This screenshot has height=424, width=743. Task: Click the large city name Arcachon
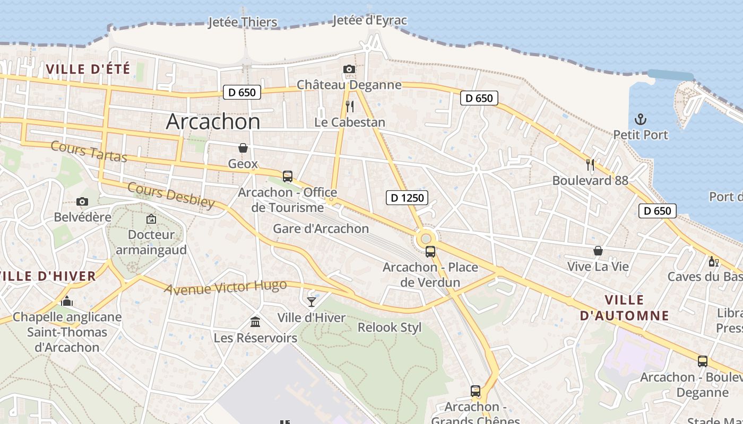213,121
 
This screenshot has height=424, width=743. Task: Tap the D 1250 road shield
407,198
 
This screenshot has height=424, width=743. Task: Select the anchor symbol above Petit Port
641,119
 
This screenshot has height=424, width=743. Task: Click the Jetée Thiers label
243,22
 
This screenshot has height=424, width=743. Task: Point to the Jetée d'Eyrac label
370,20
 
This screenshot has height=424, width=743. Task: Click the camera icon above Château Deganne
349,69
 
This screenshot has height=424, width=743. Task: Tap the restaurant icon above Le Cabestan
350,107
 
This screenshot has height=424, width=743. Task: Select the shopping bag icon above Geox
243,147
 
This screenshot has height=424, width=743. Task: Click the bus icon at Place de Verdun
430,251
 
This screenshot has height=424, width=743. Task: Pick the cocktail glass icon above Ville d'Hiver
312,302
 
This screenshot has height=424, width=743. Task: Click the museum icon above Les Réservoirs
255,322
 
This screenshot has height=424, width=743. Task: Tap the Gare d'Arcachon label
321,228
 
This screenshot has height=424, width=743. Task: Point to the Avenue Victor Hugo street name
225,287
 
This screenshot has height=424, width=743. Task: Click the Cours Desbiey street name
171,195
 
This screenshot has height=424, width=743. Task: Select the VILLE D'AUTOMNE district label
624,307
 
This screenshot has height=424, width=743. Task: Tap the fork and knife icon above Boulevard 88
590,164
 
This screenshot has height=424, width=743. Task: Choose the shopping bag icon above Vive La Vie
598,250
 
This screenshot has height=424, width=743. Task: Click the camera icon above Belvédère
82,201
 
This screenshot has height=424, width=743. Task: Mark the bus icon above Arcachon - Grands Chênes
476,391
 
